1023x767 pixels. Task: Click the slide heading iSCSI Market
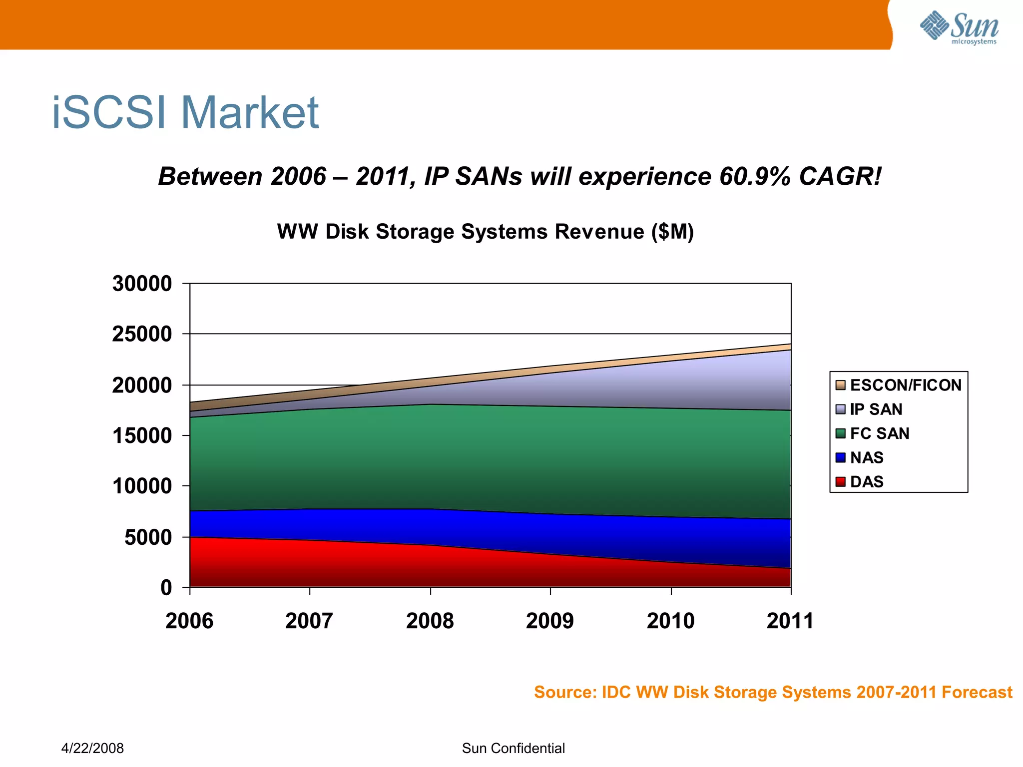point(185,113)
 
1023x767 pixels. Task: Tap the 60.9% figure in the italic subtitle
point(755,177)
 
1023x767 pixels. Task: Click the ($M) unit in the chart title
point(672,232)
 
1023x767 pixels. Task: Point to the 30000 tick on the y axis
point(142,284)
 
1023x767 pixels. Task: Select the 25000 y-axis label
point(142,334)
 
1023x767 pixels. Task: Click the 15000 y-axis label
point(142,436)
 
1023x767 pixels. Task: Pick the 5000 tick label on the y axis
point(148,538)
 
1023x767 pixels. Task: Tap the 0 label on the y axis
point(166,588)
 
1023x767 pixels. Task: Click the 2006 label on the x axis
point(189,621)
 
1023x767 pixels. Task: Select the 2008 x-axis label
point(430,621)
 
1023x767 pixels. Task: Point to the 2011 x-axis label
point(790,621)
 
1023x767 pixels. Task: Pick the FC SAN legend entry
point(879,433)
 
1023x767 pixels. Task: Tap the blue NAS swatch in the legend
point(841,457)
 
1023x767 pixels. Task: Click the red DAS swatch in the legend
point(841,482)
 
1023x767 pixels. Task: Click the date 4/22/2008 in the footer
point(92,748)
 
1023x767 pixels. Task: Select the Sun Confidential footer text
point(513,748)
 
